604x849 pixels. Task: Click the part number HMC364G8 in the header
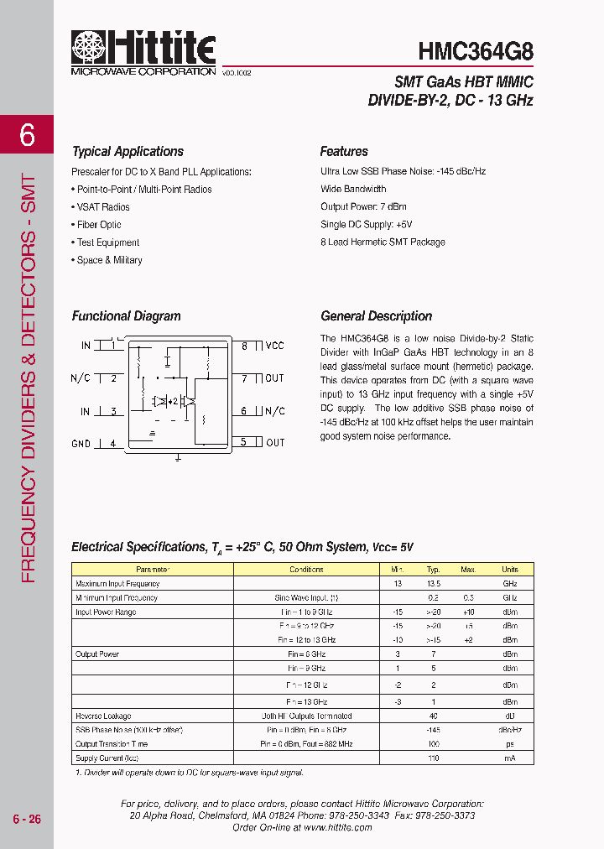point(476,49)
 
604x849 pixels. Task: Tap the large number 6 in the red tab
point(27,134)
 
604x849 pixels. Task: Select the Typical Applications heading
point(128,152)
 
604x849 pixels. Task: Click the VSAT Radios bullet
point(103,207)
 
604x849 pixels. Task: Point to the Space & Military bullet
point(109,260)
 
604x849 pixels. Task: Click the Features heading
point(344,152)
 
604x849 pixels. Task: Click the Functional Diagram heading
point(126,316)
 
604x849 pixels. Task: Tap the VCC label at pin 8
point(274,346)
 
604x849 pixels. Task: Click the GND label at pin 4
point(81,443)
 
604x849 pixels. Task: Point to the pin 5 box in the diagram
point(244,442)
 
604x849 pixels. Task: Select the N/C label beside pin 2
point(81,378)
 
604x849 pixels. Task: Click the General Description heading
point(376,316)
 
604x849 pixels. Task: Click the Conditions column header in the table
point(306,570)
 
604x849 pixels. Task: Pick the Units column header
point(509,570)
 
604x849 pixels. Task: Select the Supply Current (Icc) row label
point(107,758)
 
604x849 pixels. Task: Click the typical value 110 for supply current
point(433,758)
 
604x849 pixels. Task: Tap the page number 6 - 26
point(27,819)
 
